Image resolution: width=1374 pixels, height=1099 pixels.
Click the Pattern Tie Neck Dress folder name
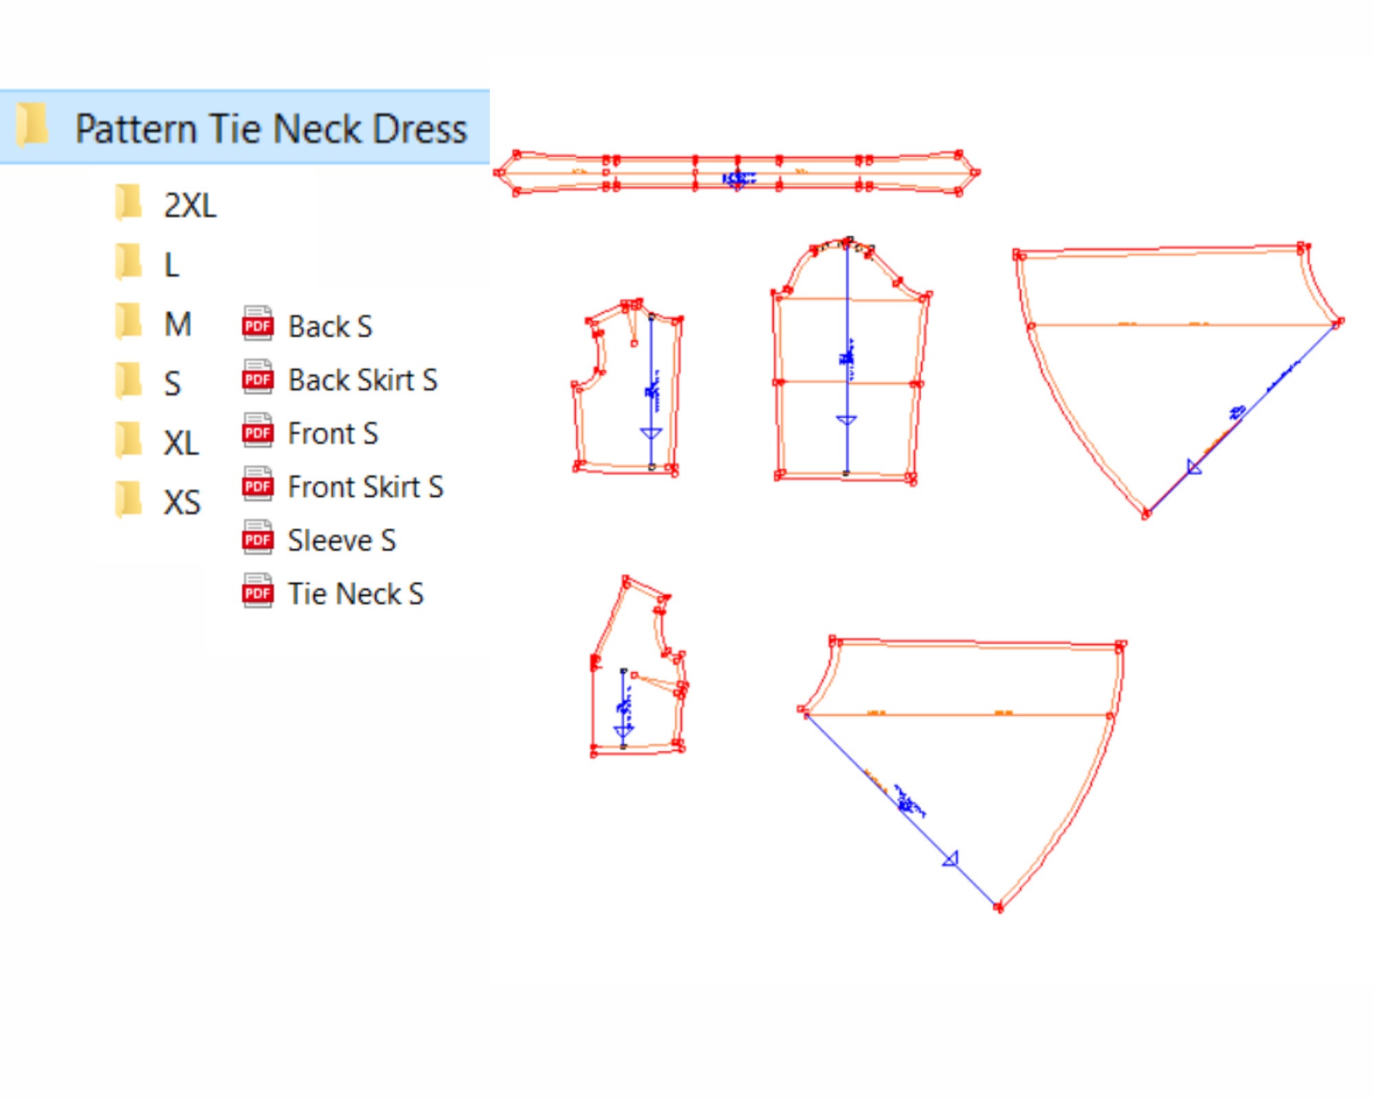pyautogui.click(x=271, y=129)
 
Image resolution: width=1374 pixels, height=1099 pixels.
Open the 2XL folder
pyautogui.click(x=190, y=205)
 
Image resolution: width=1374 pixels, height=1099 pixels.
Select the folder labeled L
pyautogui.click(x=172, y=265)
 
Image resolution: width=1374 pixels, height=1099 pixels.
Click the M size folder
pyautogui.click(x=177, y=324)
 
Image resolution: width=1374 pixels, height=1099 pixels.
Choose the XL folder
pyautogui.click(x=181, y=443)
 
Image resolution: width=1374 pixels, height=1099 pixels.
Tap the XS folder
pyautogui.click(x=182, y=503)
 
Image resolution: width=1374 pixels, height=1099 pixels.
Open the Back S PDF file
pyautogui.click(x=330, y=326)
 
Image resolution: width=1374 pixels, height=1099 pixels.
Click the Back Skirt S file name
pyautogui.click(x=362, y=380)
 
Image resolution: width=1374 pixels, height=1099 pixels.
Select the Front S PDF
pyautogui.click(x=333, y=433)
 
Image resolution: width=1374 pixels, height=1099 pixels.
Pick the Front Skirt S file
pyautogui.click(x=365, y=487)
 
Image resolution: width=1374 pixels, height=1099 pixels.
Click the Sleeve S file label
pyautogui.click(x=341, y=541)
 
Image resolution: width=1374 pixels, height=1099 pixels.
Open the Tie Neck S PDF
pyautogui.click(x=355, y=594)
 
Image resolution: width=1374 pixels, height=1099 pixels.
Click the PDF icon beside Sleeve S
pyautogui.click(x=258, y=539)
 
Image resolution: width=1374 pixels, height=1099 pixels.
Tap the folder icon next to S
pyautogui.click(x=128, y=382)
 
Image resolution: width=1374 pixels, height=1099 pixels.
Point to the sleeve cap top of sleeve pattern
pyautogui.click(x=848, y=241)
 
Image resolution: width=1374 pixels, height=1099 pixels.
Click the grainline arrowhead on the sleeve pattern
pyautogui.click(x=846, y=420)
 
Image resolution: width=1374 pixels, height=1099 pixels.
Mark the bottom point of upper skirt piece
pyautogui.click(x=1146, y=514)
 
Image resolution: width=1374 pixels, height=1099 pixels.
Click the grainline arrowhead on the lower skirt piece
pyautogui.click(x=951, y=859)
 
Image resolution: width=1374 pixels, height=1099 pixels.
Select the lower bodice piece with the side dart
pyautogui.click(x=639, y=707)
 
